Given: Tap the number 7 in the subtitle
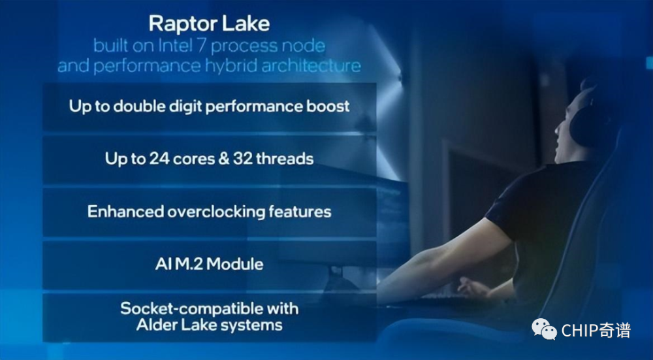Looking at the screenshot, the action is coord(202,46).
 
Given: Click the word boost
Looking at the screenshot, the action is coord(328,106).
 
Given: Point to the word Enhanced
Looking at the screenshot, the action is coord(125,212).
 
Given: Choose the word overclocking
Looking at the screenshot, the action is coord(216,212).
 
